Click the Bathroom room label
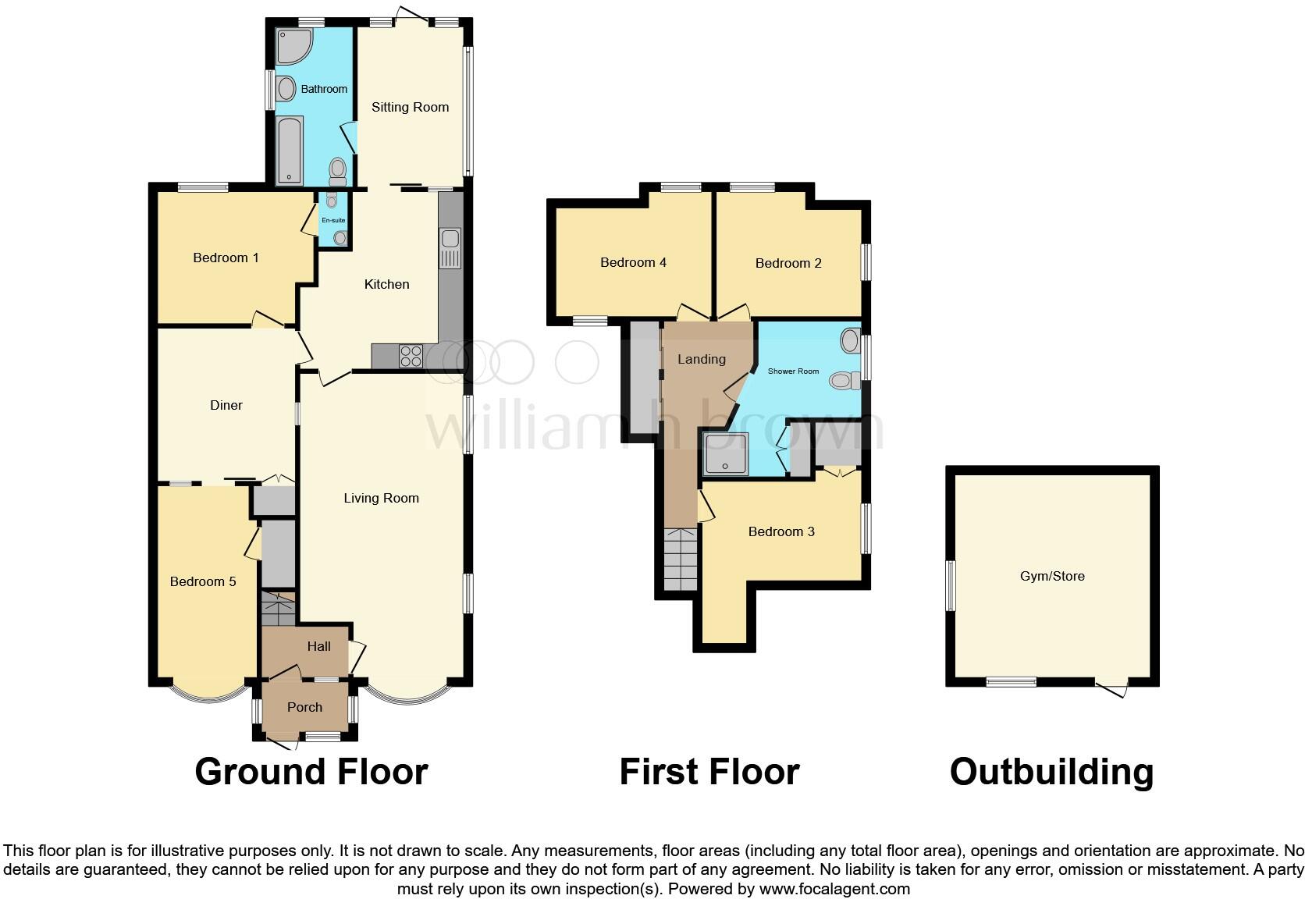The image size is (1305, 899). [324, 89]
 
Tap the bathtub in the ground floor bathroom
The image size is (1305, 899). [290, 151]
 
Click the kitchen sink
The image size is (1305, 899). [451, 247]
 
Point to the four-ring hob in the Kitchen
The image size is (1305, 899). [411, 356]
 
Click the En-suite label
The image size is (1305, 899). [333, 220]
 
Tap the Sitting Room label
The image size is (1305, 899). [410, 107]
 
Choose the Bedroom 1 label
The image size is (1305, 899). [226, 258]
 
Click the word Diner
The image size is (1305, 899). [226, 405]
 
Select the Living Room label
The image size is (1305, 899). [381, 498]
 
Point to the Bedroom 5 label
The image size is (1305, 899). [203, 581]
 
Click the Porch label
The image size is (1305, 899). [304, 707]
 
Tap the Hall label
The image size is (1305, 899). [318, 646]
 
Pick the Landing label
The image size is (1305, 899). [701, 359]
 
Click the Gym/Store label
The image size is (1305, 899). [1052, 576]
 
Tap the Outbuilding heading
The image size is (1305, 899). [1051, 772]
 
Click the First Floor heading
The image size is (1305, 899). [709, 772]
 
